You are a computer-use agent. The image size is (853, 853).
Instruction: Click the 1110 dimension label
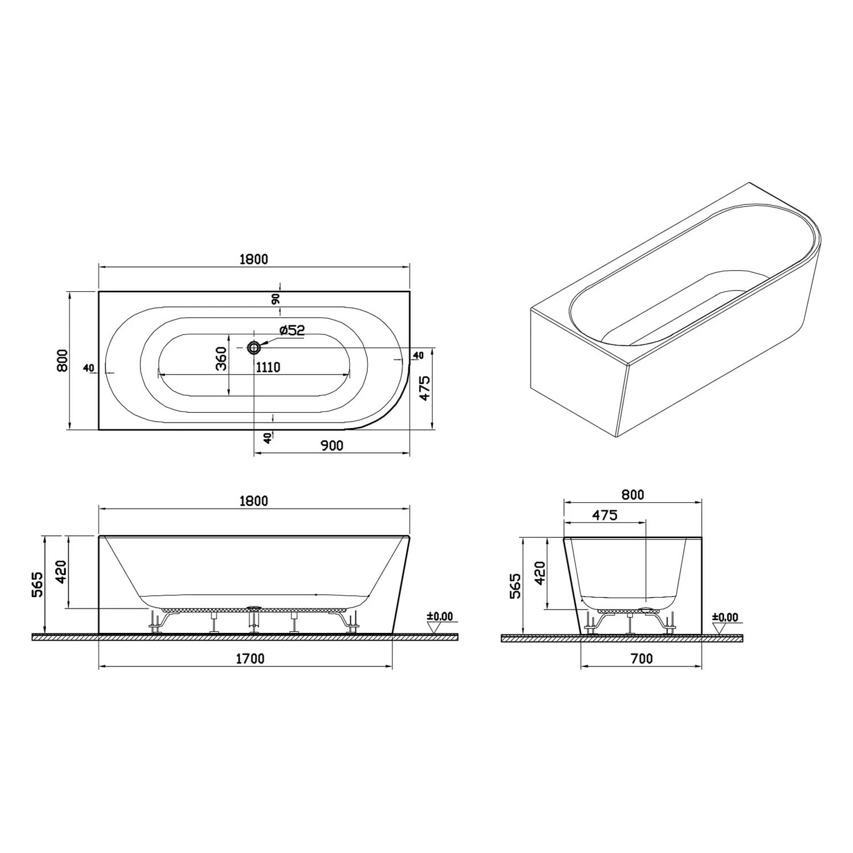[x=268, y=367]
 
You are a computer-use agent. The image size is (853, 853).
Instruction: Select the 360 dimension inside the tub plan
[x=221, y=358]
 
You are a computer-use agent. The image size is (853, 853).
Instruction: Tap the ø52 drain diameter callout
[x=292, y=330]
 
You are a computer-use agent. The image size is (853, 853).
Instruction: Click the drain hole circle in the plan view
[x=254, y=347]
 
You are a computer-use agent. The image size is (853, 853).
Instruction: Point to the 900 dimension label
[x=332, y=445]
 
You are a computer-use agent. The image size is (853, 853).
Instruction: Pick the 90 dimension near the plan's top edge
[x=276, y=299]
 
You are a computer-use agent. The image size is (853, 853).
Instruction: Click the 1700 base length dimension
[x=250, y=659]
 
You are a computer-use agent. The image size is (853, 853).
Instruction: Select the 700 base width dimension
[x=641, y=659]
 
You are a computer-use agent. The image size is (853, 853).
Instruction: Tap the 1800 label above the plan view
[x=254, y=259]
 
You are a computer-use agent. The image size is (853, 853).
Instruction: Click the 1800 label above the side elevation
[x=254, y=501]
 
